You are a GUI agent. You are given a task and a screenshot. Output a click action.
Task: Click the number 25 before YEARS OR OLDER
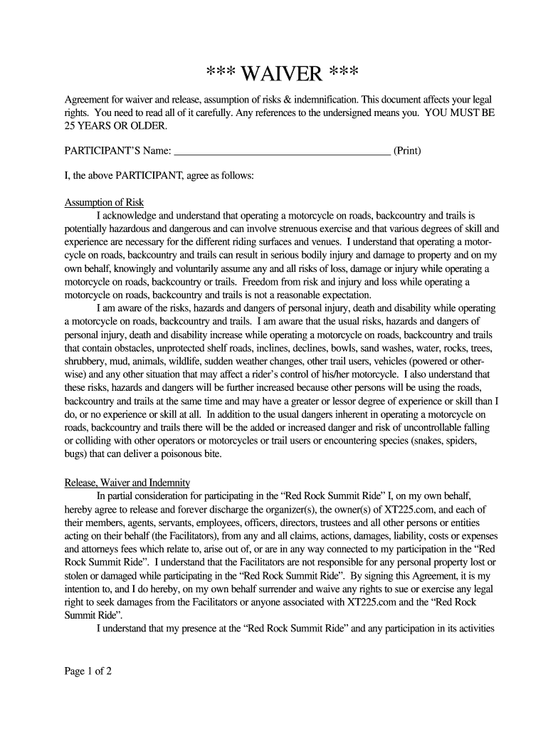pyautogui.click(x=72, y=126)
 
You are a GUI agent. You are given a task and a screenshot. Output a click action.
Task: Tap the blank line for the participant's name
pyautogui.click(x=282, y=151)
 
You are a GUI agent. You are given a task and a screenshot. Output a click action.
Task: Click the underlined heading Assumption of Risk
pyautogui.click(x=104, y=202)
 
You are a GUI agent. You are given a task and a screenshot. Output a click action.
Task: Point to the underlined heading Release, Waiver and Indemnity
pyautogui.click(x=127, y=482)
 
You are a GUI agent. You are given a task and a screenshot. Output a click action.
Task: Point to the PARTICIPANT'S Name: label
pyautogui.click(x=117, y=151)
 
